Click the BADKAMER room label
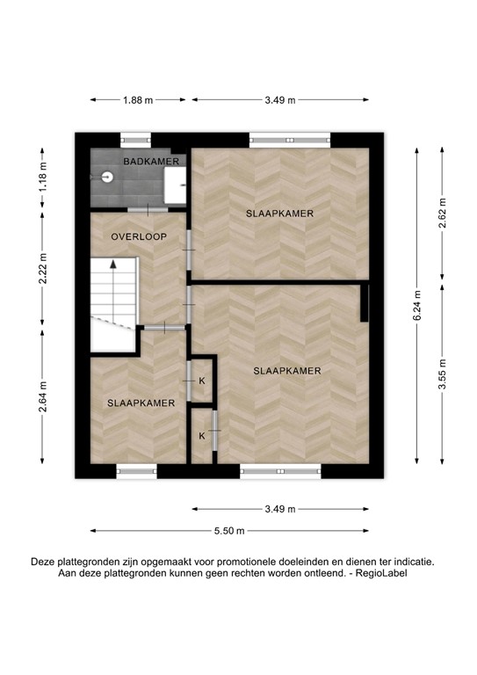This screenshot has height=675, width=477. (152, 162)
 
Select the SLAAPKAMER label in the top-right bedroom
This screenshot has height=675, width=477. (280, 213)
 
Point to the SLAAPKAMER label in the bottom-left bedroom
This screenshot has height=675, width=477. (141, 403)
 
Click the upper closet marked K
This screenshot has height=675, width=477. (202, 381)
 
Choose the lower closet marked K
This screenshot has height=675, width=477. (201, 436)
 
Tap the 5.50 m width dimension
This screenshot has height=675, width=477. (228, 531)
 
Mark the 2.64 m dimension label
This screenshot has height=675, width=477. (42, 407)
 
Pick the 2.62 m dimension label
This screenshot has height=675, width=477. (442, 214)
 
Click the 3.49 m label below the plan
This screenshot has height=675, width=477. (280, 509)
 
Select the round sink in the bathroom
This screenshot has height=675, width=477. (106, 176)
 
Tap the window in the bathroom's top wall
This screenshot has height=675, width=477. (135, 138)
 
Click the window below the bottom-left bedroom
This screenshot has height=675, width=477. (136, 471)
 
